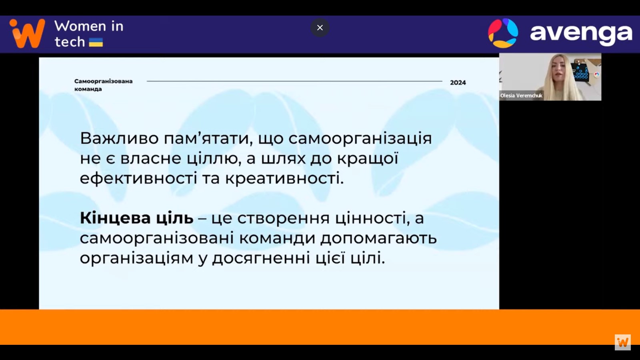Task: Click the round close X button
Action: (x=320, y=28)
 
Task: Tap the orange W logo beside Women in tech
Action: (x=27, y=33)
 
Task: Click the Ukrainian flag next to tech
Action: (x=96, y=42)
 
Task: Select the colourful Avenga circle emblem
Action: (x=503, y=33)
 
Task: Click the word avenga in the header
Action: (x=581, y=34)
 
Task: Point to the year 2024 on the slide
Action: (x=458, y=82)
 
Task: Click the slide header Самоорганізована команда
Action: (x=104, y=85)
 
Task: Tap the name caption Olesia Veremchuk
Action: (x=521, y=96)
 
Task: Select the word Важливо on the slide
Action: (x=120, y=138)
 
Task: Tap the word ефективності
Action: (x=138, y=178)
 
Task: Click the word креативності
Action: (x=284, y=178)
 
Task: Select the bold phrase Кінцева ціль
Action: (x=136, y=218)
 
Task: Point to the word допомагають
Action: (x=378, y=238)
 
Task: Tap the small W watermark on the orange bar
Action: (x=622, y=342)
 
